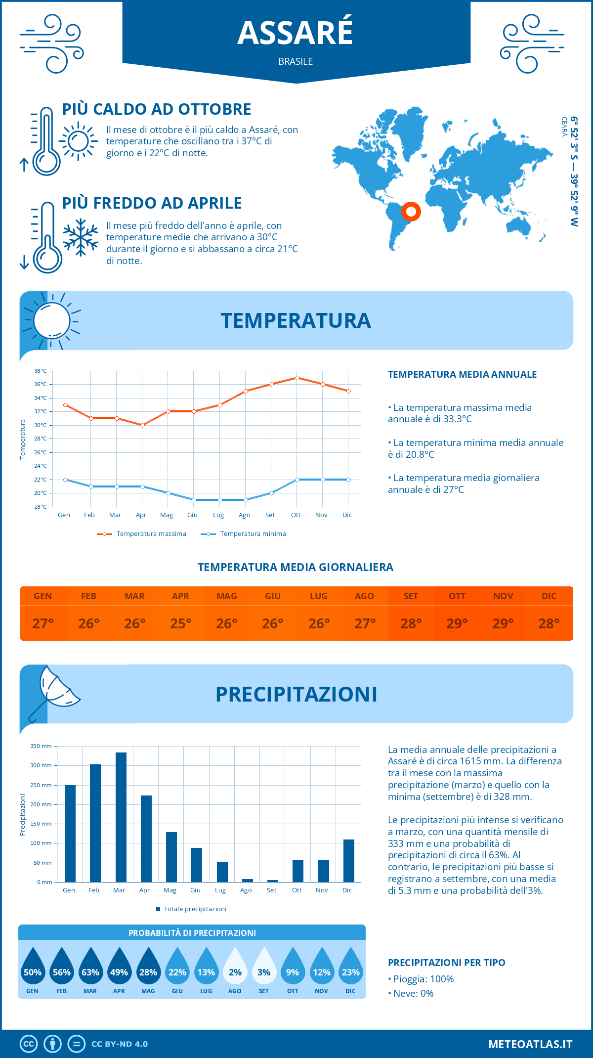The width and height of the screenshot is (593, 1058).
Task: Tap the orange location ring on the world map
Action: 411,212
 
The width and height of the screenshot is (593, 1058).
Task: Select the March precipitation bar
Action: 121,817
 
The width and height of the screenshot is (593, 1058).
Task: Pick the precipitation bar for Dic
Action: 349,860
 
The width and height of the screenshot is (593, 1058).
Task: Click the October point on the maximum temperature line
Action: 297,378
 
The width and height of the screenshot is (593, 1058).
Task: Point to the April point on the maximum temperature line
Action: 142,425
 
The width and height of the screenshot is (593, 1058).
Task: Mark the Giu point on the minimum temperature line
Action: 194,500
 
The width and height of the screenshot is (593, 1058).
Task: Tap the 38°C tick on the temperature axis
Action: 41,371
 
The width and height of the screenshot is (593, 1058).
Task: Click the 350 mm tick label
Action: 41,746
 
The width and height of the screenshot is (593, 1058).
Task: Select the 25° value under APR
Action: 180,623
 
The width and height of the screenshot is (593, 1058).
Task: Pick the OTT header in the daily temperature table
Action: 457,596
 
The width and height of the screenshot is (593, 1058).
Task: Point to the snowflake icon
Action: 81,237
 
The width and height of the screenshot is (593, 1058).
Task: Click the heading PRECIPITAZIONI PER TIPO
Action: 446,963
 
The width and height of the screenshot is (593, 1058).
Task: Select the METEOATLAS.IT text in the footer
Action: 530,1044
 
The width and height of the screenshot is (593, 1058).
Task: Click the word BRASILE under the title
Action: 296,61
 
